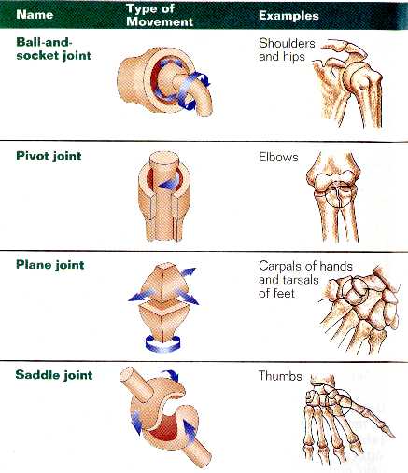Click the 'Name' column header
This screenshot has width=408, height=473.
tap(35, 15)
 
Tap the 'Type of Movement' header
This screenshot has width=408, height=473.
tap(160, 15)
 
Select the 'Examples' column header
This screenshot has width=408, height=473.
tap(288, 16)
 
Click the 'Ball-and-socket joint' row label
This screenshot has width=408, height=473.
tap(53, 49)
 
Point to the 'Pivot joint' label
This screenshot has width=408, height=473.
tap(49, 156)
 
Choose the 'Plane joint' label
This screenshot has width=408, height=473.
tap(50, 265)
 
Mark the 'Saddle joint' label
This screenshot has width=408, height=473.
tap(54, 375)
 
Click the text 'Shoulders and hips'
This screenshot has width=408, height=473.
tap(287, 50)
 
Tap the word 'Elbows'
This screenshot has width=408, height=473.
tap(278, 157)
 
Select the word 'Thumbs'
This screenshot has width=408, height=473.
tap(280, 376)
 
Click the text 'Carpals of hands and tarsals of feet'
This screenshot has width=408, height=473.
tap(305, 280)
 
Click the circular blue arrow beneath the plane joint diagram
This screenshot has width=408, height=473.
tap(162, 344)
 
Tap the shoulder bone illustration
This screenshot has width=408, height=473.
tap(347, 82)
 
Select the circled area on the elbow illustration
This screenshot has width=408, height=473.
tap(339, 195)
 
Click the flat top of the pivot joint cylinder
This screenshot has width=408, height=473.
tap(164, 160)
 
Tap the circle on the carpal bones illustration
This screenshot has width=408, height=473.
tap(356, 290)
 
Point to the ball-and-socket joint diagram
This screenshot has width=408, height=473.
tap(165, 81)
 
